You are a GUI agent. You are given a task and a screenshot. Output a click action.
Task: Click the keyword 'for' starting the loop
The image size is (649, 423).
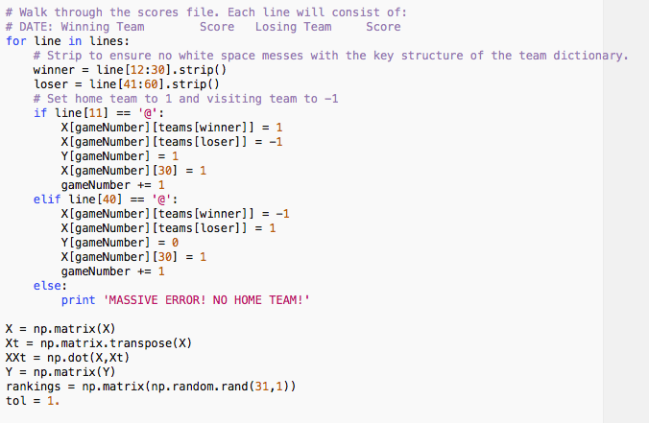tap(15, 41)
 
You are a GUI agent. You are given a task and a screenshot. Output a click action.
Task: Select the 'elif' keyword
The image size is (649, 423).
tap(46, 199)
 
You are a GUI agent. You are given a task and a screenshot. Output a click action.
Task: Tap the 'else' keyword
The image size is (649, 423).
tap(46, 285)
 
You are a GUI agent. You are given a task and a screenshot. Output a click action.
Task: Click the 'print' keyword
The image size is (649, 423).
tap(78, 299)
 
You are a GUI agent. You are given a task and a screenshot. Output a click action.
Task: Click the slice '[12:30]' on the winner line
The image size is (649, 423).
tap(148, 70)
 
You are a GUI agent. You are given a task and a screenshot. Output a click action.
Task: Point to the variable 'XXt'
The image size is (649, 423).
tap(15, 357)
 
